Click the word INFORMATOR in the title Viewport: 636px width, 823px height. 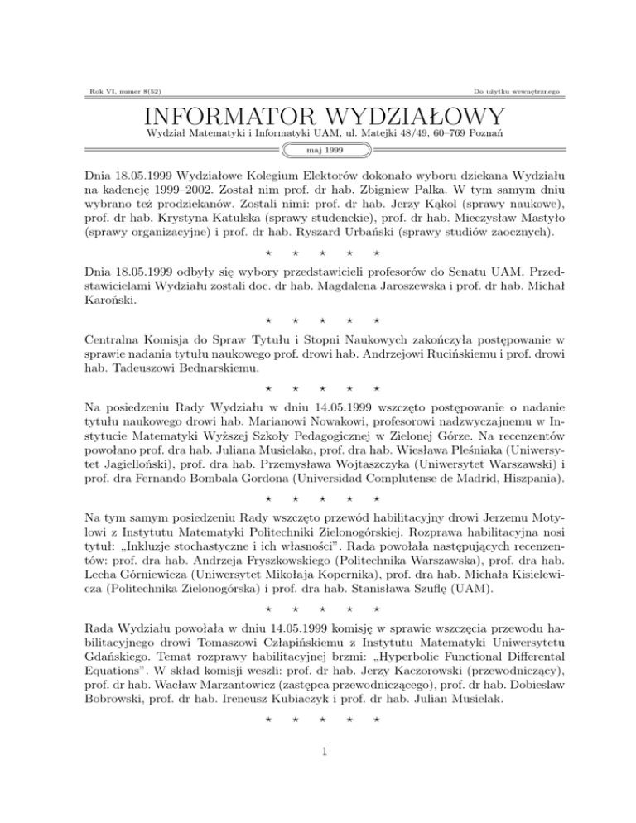pyautogui.click(x=228, y=113)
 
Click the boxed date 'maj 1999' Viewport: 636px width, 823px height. pyautogui.click(x=318, y=150)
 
